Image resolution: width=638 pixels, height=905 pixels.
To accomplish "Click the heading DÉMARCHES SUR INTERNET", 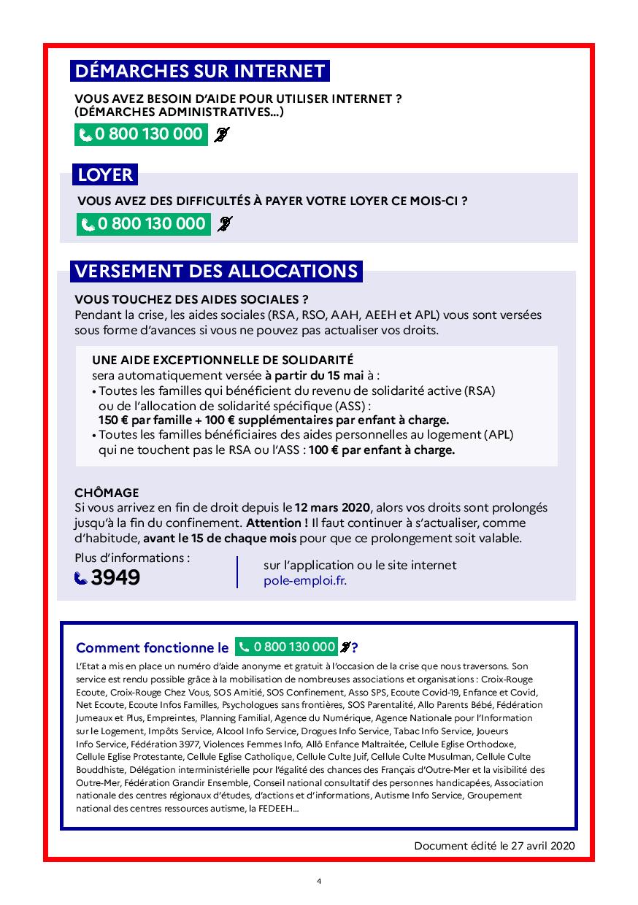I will point(199,71).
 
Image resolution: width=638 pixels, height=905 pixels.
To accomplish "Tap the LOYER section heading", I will point(106,175).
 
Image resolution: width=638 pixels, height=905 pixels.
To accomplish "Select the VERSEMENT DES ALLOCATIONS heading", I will point(217,271).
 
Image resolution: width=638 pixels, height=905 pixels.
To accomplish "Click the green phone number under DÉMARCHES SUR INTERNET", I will point(141,134).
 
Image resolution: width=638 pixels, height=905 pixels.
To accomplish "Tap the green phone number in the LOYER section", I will point(144,224).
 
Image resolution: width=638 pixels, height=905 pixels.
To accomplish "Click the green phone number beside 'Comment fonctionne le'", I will point(286,647).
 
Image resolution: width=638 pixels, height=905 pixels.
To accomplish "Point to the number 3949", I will point(115,578).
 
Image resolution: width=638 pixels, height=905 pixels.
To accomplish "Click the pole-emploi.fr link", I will point(305,580).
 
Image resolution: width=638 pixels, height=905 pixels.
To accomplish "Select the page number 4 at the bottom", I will point(319,881).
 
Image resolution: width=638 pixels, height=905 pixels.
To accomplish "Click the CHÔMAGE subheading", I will point(107,493).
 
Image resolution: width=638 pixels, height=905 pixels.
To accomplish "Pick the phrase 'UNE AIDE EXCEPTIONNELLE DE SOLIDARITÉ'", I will point(223,360).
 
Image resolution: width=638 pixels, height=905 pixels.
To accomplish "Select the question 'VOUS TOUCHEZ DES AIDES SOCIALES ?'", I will point(191,299).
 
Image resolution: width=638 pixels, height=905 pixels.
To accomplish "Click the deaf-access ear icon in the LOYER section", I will point(225,224).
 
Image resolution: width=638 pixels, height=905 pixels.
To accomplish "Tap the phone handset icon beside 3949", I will point(81,579).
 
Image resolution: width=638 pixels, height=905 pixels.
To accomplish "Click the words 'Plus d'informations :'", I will point(132,558).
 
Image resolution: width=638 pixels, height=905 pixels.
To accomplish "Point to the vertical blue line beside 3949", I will point(238,571).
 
